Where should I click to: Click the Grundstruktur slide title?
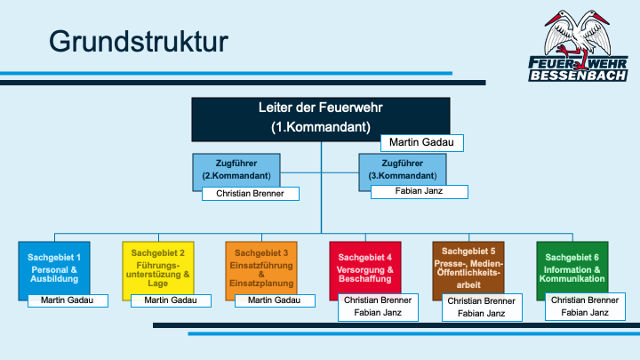click(x=139, y=42)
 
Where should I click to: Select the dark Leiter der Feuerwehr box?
click(x=321, y=119)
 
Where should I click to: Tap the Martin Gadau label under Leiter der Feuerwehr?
click(x=422, y=143)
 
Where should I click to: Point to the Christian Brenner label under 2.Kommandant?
click(x=250, y=194)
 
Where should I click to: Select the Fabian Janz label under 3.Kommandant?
click(x=420, y=192)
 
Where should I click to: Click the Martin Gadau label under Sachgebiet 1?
click(x=68, y=300)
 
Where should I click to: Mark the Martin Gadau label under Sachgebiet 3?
click(x=275, y=300)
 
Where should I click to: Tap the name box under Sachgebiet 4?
click(x=378, y=307)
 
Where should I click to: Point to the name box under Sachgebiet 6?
click(x=585, y=307)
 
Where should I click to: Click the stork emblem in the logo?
click(x=578, y=36)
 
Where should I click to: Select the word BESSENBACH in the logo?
click(x=578, y=76)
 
